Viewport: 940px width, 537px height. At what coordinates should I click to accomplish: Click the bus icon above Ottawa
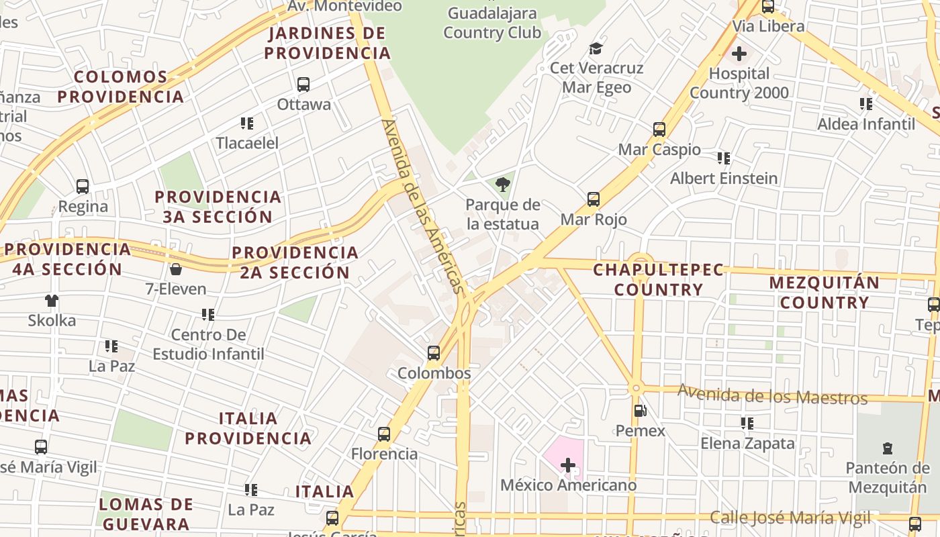[303, 85]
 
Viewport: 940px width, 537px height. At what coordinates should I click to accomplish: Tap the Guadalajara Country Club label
[492, 23]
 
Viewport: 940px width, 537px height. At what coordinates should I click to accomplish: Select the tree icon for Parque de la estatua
[502, 185]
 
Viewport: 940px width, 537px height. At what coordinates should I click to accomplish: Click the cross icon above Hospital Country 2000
[739, 54]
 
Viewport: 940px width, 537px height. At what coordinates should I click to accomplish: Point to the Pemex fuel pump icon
[640, 411]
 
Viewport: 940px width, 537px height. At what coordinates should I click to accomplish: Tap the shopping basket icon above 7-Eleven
[176, 269]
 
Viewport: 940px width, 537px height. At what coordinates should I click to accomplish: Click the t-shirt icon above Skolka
[52, 301]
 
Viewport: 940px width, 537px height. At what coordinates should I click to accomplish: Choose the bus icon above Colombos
[434, 353]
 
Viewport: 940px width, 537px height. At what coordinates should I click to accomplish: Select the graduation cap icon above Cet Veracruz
[596, 48]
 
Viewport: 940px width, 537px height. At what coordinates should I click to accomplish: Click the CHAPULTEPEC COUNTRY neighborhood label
[658, 280]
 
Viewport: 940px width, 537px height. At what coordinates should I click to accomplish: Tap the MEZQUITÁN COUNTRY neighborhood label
[824, 293]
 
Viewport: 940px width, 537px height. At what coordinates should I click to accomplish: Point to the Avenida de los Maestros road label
[772, 394]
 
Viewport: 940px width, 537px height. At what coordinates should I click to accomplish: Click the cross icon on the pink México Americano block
[568, 465]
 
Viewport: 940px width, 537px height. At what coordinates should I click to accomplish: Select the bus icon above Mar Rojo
[594, 199]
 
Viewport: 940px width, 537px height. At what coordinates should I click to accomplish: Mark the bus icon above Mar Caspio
[659, 130]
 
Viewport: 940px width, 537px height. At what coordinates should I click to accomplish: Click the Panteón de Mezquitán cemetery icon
[888, 448]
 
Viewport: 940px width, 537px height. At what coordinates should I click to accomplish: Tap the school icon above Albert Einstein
[723, 158]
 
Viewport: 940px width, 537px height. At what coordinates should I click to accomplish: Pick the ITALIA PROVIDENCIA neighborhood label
[248, 428]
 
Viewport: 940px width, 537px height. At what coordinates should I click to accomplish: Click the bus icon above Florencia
[384, 434]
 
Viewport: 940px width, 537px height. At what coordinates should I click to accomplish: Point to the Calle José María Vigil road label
[790, 518]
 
